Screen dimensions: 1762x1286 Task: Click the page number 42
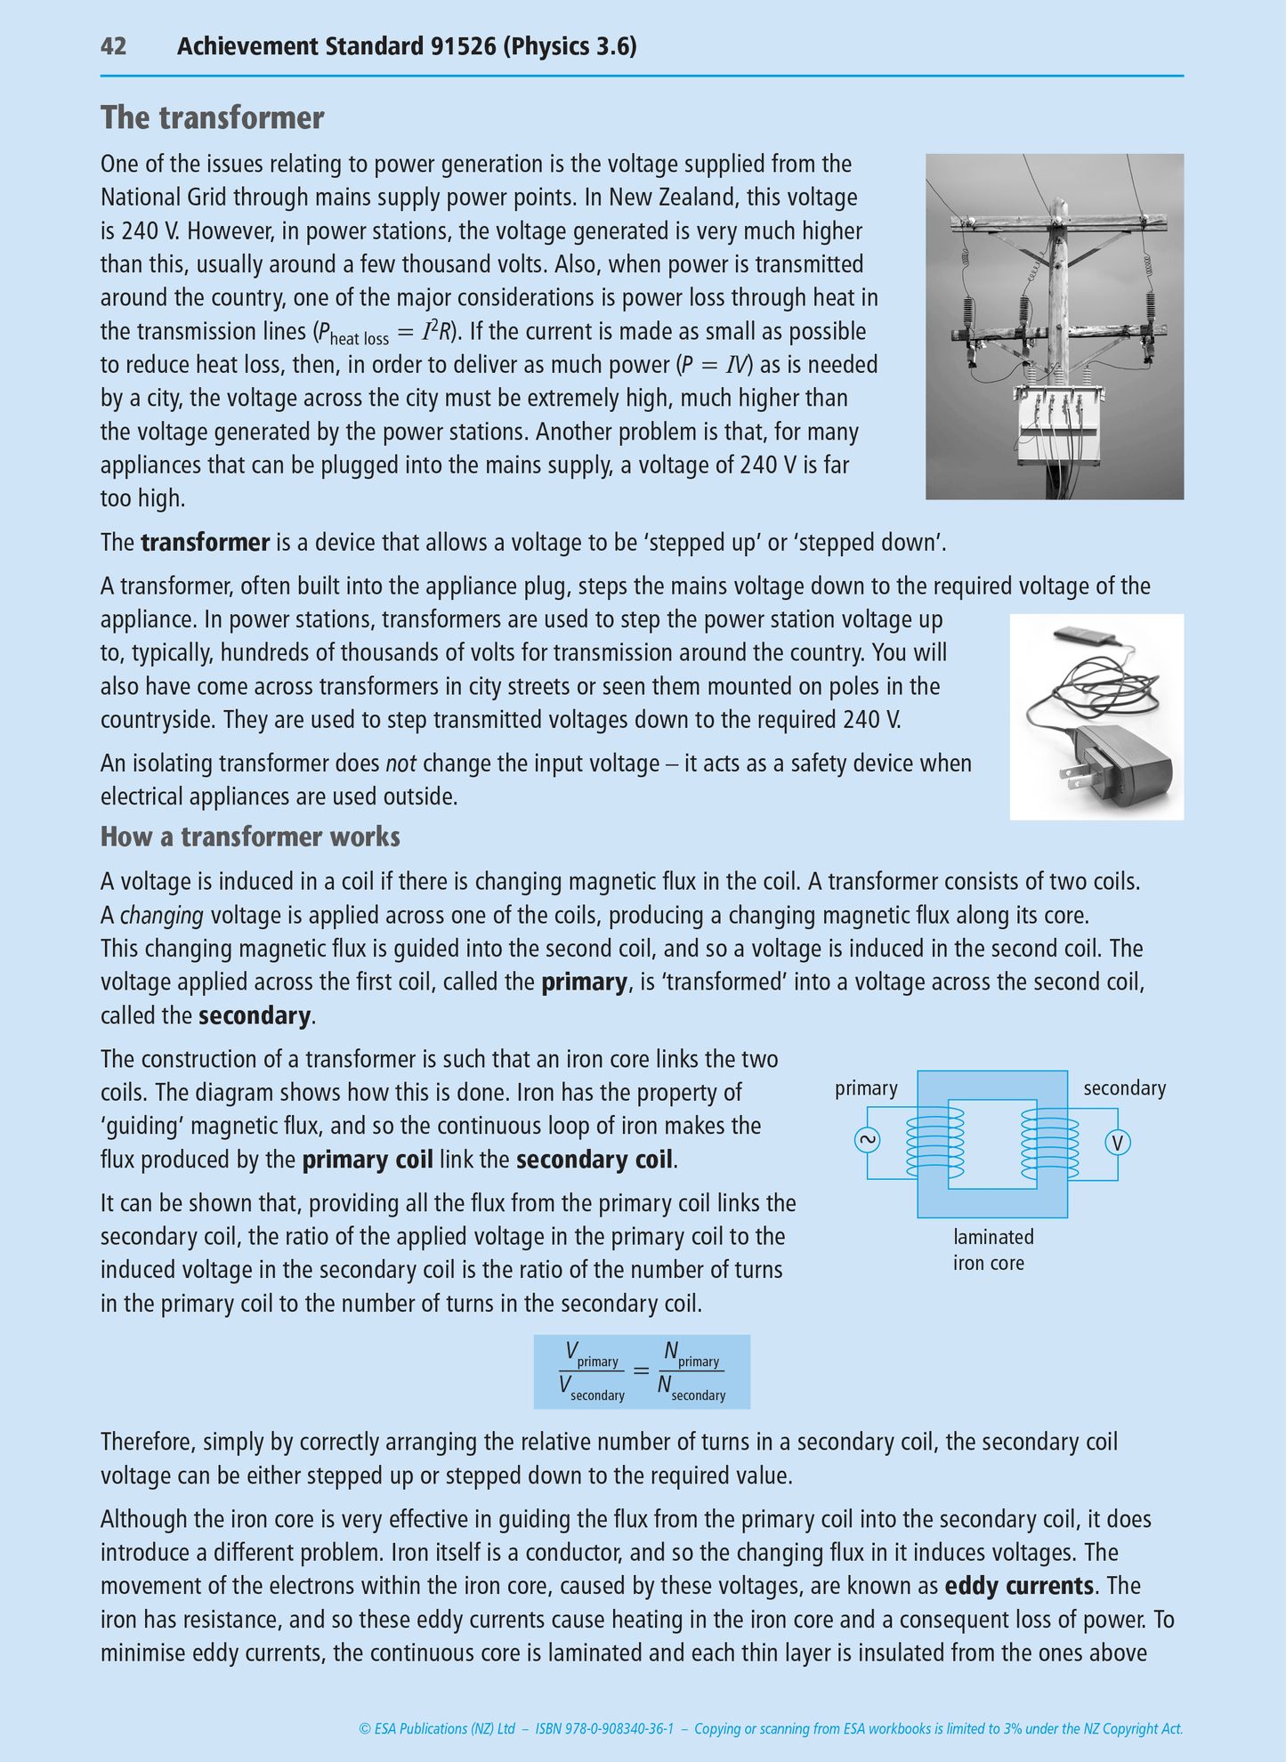113,46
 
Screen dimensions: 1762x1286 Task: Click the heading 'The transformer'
212,117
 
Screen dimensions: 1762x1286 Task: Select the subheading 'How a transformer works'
250,837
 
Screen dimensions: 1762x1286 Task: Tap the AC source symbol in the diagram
867,1142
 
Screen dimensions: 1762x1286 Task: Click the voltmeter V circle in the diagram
1118,1143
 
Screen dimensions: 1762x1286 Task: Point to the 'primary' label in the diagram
866,1088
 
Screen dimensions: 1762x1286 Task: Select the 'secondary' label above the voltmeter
1124,1088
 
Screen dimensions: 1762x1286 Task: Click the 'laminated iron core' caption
993,1249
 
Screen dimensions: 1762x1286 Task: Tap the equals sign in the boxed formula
641,1371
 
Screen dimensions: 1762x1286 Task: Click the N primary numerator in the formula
691,1355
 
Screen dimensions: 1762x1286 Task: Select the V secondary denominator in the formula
592,1388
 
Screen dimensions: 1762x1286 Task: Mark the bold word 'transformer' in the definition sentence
205,543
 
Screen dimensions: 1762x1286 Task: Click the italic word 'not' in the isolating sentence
400,764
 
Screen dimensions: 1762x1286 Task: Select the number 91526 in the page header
463,46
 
